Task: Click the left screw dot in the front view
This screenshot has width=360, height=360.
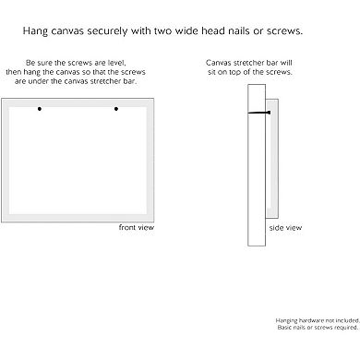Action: pyautogui.click(x=40, y=109)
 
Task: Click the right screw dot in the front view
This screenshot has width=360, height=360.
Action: pyautogui.click(x=116, y=109)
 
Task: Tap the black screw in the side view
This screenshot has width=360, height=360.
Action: pyautogui.click(x=259, y=113)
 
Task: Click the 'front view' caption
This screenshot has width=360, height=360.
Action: pyautogui.click(x=137, y=227)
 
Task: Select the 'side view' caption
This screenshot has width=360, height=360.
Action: pyautogui.click(x=285, y=228)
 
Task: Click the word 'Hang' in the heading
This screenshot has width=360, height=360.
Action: pyautogui.click(x=35, y=31)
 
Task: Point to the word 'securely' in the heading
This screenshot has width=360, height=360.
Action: pyautogui.click(x=107, y=31)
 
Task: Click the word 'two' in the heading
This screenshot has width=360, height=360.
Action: pyautogui.click(x=163, y=31)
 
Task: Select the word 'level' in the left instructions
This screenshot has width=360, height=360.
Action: pyautogui.click(x=116, y=63)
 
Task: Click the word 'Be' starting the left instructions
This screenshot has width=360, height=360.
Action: pyautogui.click(x=30, y=63)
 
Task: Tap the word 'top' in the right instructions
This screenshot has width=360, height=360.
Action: pyautogui.click(x=234, y=72)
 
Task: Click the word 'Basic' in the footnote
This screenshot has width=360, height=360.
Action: pyautogui.click(x=284, y=328)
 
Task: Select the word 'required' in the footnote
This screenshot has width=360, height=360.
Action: pyautogui.click(x=346, y=328)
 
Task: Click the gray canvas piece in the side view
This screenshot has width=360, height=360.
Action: pyautogui.click(x=272, y=159)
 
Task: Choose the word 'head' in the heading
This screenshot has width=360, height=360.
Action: pyautogui.click(x=213, y=30)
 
